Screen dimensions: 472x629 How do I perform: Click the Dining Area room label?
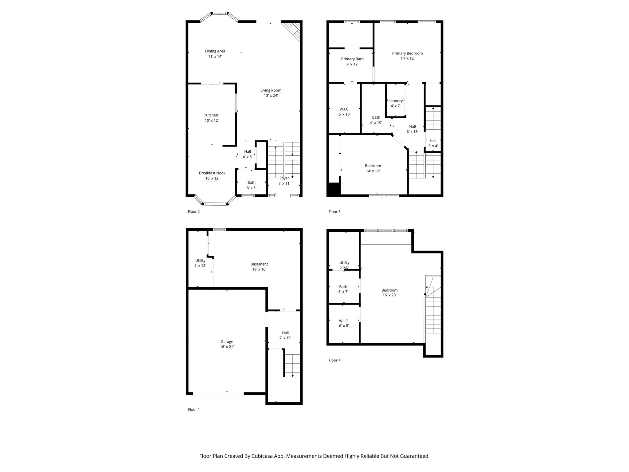215,51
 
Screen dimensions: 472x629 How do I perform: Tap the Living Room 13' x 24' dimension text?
271,96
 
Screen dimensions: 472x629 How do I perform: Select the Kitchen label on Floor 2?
212,115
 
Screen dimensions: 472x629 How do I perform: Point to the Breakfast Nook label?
212,173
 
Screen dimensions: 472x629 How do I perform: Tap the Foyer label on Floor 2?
284,178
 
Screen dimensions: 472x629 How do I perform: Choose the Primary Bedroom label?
407,53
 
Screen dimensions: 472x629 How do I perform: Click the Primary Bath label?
352,59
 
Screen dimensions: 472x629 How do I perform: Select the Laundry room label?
395,101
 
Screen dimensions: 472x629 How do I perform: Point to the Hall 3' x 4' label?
433,144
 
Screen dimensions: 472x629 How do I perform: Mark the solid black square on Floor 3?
334,189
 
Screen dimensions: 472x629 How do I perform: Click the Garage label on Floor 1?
227,342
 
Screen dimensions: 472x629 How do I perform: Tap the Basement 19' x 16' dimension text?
259,269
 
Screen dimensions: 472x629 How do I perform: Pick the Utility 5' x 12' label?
200,263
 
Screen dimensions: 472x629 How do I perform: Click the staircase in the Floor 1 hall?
292,365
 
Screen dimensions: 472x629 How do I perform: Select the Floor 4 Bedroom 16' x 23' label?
389,293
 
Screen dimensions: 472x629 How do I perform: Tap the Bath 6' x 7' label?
343,289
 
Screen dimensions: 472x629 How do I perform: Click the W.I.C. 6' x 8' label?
344,323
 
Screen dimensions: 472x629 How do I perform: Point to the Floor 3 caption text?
334,212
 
